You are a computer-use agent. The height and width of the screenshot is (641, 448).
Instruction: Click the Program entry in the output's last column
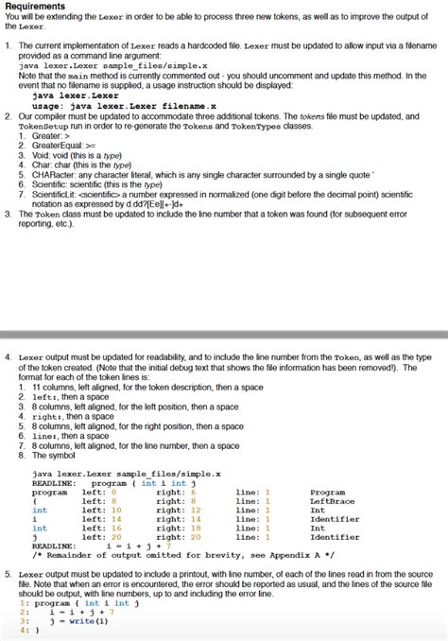(327, 492)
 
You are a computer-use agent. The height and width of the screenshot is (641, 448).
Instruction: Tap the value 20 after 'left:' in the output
(115, 537)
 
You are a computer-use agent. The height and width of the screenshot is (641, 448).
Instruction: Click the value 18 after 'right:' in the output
(195, 528)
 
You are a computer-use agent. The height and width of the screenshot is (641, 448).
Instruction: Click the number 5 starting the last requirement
(8, 573)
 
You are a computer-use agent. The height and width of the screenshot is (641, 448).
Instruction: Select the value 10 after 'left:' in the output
(115, 510)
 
